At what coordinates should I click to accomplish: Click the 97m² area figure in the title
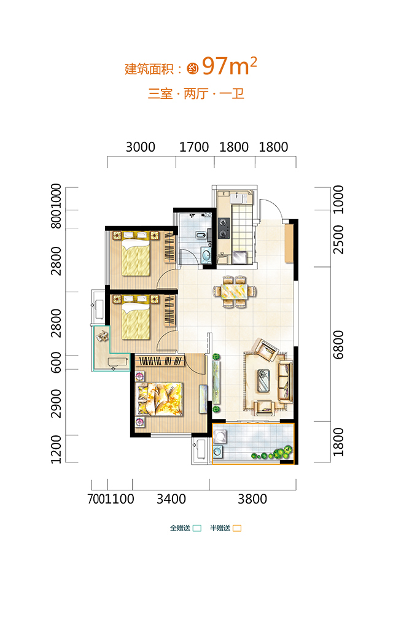(229, 66)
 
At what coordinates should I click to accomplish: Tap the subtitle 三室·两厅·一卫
(196, 94)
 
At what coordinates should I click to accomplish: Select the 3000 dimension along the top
(141, 147)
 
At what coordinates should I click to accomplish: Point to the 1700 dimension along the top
(194, 147)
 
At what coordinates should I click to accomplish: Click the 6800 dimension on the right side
(338, 345)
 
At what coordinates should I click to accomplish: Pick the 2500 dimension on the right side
(338, 239)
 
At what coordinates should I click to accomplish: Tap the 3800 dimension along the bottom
(252, 499)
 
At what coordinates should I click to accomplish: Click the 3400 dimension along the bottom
(171, 499)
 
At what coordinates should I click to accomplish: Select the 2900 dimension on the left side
(56, 403)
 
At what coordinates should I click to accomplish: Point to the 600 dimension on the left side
(56, 362)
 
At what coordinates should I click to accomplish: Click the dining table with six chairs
(235, 292)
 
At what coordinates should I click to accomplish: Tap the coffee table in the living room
(263, 380)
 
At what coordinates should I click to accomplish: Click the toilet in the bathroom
(201, 236)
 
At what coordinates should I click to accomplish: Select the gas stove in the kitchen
(224, 228)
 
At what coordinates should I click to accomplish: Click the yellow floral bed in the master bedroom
(159, 399)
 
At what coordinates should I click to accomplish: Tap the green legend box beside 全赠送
(197, 528)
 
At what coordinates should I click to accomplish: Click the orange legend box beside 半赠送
(237, 528)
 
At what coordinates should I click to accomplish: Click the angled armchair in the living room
(267, 350)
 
